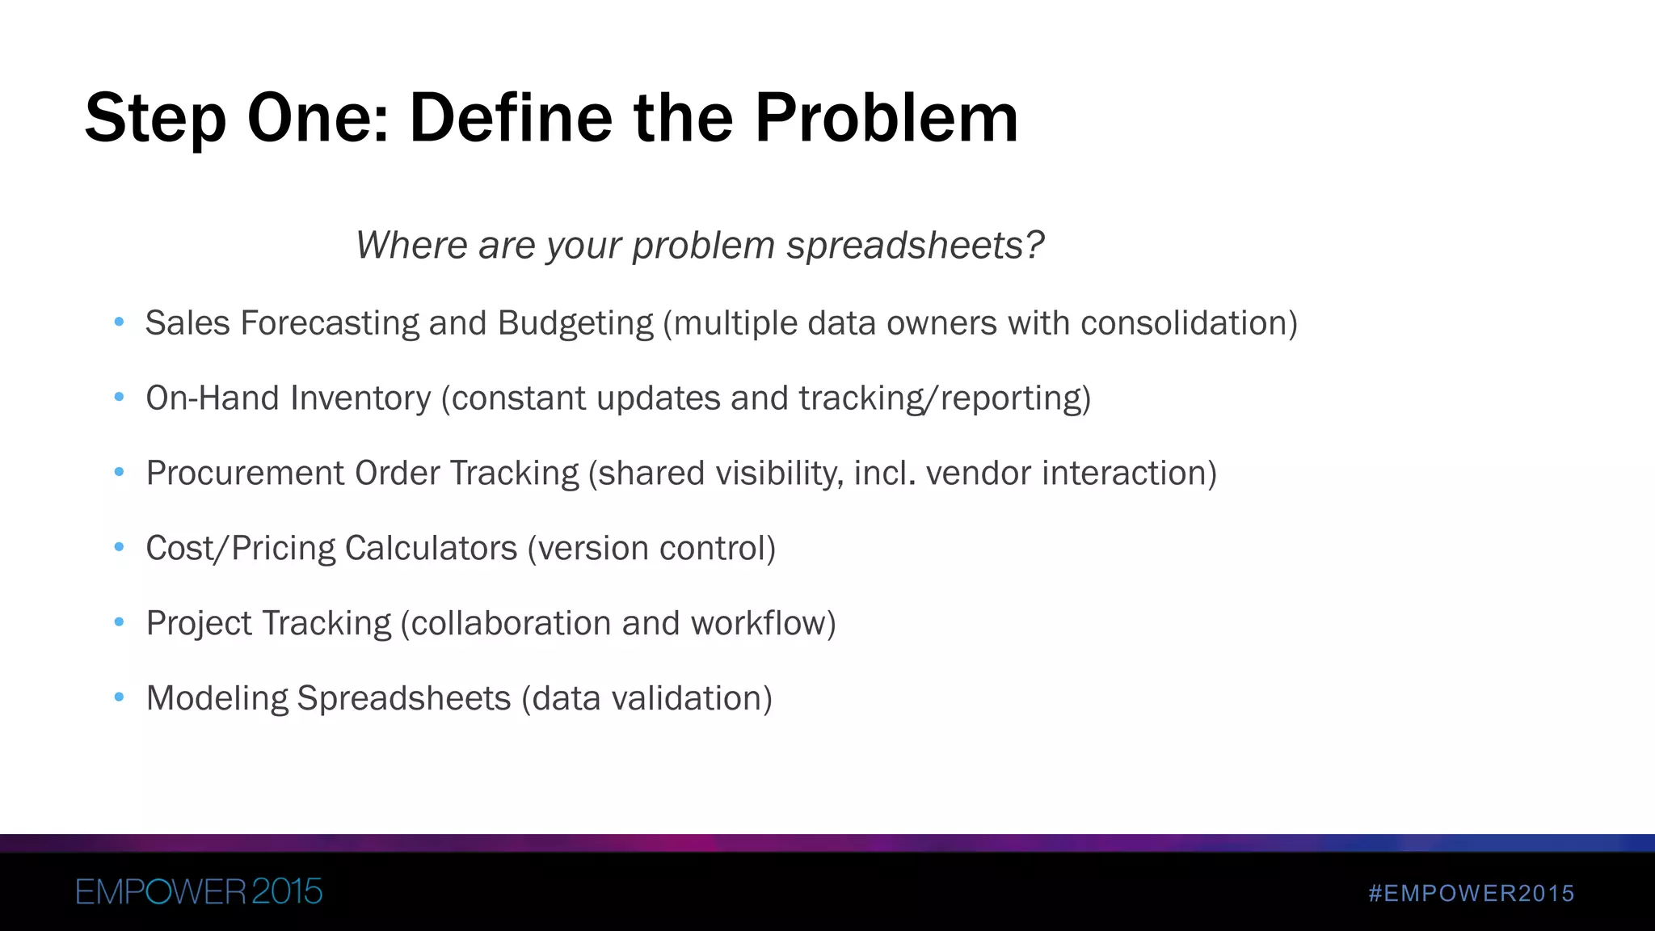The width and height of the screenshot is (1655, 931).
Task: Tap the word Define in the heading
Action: tap(511, 118)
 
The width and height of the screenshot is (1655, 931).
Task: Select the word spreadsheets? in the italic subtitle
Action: tap(915, 246)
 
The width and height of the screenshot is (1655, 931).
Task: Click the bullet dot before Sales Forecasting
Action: tap(120, 322)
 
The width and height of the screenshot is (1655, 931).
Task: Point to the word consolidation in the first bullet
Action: tap(1185, 323)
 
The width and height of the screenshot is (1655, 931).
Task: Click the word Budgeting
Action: tap(575, 323)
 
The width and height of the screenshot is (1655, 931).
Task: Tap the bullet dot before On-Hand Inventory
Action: tap(120, 397)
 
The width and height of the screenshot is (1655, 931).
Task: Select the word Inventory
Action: tap(360, 398)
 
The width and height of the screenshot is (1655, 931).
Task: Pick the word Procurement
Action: tap(245, 474)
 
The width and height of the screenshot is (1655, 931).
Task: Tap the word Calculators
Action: tap(431, 549)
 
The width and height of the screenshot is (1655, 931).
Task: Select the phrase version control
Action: tap(651, 549)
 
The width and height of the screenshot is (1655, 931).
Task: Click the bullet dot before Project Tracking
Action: tap(120, 622)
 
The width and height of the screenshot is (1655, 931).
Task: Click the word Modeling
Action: tap(217, 699)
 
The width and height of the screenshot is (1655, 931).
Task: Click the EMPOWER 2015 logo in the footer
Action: tap(199, 892)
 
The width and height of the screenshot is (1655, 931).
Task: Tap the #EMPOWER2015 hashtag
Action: tap(1472, 894)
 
